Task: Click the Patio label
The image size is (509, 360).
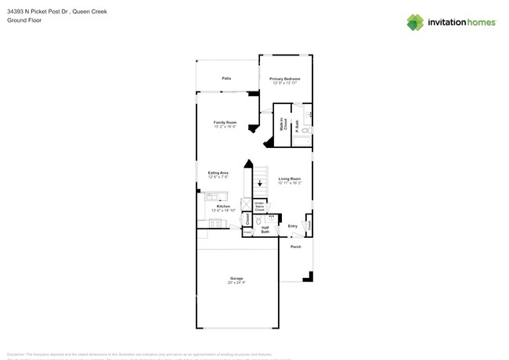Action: point(226,79)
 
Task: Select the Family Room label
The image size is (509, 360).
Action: point(225,124)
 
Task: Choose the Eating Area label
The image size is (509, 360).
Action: point(218,174)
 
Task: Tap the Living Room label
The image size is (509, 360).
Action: point(290,180)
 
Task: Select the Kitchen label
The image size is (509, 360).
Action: point(223,207)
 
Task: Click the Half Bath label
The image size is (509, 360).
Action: point(265,229)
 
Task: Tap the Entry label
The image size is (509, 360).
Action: point(292,226)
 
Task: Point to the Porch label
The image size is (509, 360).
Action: point(295,247)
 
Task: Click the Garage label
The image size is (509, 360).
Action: point(236,279)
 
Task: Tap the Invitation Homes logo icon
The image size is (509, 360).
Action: point(415,22)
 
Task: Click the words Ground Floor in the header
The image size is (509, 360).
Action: point(23,21)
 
